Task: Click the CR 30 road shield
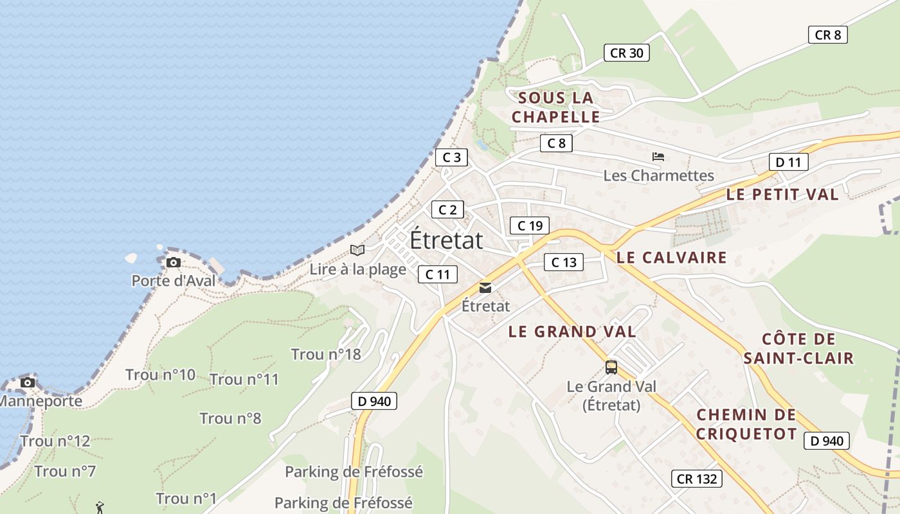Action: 626,53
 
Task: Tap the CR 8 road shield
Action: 827,35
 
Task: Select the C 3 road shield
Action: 451,157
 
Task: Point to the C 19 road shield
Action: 530,225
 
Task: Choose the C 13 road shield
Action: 564,261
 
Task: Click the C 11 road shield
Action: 438,274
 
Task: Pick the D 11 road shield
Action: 788,162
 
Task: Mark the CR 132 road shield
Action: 697,479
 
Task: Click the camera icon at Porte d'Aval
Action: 174,262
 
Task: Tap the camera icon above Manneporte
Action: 28,382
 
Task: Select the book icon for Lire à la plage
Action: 357,250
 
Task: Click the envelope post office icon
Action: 485,288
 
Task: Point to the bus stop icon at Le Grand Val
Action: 611,368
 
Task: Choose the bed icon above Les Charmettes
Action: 658,156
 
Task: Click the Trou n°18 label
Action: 326,354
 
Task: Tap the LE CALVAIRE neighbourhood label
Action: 671,258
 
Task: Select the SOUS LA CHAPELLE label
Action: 555,107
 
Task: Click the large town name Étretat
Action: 446,240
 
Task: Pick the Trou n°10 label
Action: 160,375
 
